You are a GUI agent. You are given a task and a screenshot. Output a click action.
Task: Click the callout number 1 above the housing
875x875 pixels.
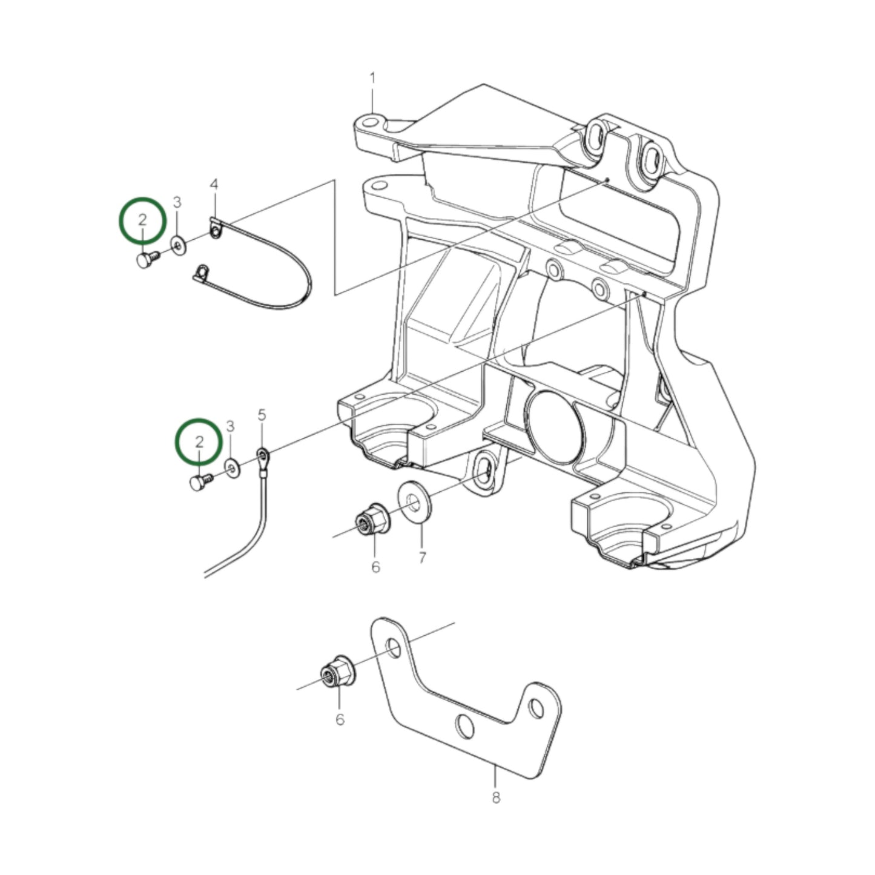[x=373, y=78]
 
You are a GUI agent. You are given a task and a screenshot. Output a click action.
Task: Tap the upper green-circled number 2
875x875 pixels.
[x=142, y=220]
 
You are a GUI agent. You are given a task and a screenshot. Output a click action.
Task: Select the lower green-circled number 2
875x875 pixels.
[x=199, y=441]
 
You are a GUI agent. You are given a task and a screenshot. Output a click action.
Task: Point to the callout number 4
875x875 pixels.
[x=213, y=183]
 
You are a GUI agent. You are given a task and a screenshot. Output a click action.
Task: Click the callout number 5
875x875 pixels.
[x=262, y=415]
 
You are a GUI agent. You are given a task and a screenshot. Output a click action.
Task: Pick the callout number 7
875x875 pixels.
[x=422, y=557]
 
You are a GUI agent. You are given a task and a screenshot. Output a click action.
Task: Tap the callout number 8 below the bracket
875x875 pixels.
[x=496, y=797]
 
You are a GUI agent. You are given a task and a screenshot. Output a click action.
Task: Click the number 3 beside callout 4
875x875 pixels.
[x=177, y=202]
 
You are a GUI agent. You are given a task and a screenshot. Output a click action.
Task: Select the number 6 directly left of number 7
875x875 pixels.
[x=375, y=567]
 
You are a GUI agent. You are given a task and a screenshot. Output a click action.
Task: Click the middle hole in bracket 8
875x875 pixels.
[x=465, y=726]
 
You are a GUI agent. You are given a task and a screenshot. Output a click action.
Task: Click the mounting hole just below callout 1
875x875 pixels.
[x=369, y=125]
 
